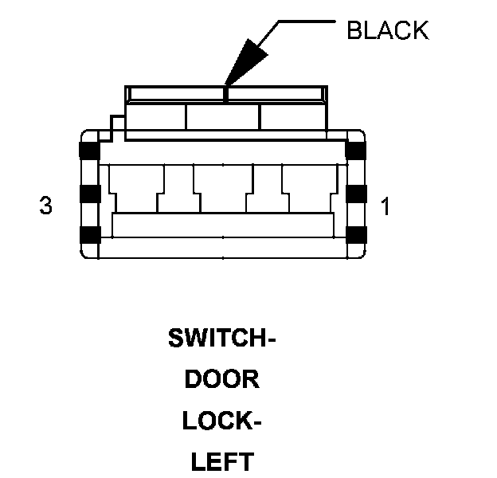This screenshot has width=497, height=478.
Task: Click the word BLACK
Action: (x=387, y=30)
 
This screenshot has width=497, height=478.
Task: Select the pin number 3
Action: (x=45, y=206)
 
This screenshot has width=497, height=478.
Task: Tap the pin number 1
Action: (x=385, y=207)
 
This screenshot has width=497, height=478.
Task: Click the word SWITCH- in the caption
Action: (x=221, y=339)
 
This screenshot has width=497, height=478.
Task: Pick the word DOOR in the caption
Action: (x=222, y=379)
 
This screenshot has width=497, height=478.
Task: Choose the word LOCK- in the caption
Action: (x=222, y=420)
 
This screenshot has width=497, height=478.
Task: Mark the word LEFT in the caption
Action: (x=222, y=460)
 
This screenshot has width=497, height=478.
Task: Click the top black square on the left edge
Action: (x=88, y=151)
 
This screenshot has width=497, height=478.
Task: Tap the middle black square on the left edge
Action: (x=88, y=193)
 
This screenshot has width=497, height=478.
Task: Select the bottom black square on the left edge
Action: (x=88, y=234)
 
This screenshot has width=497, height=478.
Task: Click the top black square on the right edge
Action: (x=355, y=151)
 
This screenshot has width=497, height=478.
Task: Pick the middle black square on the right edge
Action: (x=355, y=193)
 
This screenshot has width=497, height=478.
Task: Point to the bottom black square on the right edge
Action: (x=355, y=234)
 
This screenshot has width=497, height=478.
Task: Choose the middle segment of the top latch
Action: (x=222, y=117)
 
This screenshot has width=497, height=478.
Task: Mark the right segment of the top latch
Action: (x=291, y=117)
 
